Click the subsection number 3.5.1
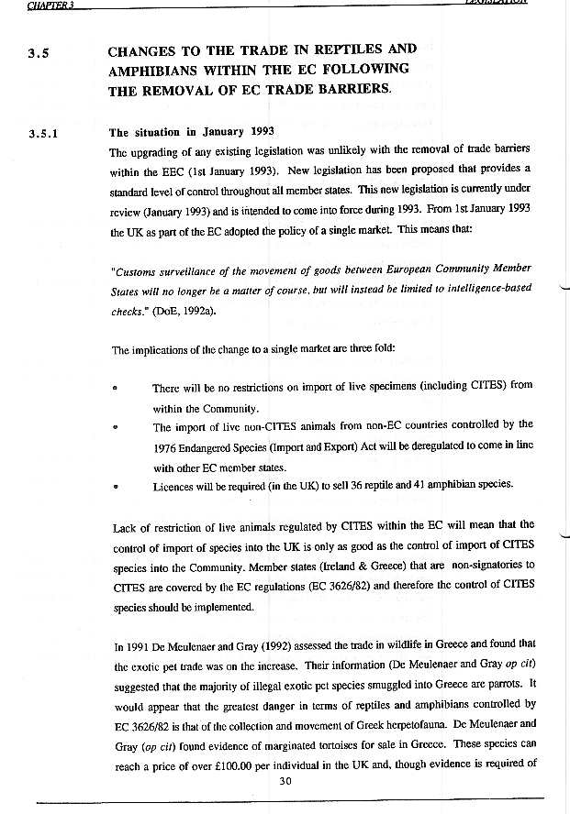(x=45, y=132)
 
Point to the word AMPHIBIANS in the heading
(x=156, y=70)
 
